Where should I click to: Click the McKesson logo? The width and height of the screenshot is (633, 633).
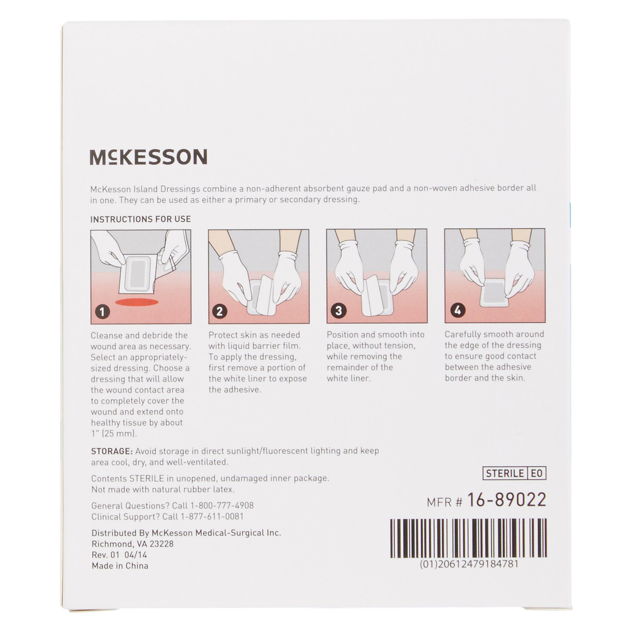148,157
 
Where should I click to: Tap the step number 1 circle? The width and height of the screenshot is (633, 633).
102,312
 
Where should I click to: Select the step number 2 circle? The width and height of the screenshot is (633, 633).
219,311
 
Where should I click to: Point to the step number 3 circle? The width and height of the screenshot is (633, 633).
338,310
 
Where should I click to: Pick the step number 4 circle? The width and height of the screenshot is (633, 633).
457,310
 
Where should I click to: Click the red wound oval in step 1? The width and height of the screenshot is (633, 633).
137,302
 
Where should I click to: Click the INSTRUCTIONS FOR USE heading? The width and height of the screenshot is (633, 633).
141,219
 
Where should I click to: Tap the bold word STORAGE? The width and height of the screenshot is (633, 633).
111,451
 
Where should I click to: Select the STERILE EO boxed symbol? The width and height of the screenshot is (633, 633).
514,473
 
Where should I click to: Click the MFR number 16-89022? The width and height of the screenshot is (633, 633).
506,500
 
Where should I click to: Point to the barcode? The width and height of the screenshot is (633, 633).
468,538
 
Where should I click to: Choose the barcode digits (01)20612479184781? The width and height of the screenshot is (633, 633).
469,564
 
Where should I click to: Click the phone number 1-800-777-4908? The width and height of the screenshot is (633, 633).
222,506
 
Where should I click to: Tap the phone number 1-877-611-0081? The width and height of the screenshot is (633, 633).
212,517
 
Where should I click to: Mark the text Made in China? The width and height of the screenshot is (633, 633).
120,566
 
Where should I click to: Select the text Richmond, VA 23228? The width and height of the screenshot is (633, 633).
133,544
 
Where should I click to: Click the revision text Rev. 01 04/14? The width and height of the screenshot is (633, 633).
119,555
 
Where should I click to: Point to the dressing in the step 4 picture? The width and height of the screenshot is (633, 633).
495,292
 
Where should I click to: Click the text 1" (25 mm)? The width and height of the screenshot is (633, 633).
114,434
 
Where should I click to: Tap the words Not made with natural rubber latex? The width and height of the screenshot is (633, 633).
163,489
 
